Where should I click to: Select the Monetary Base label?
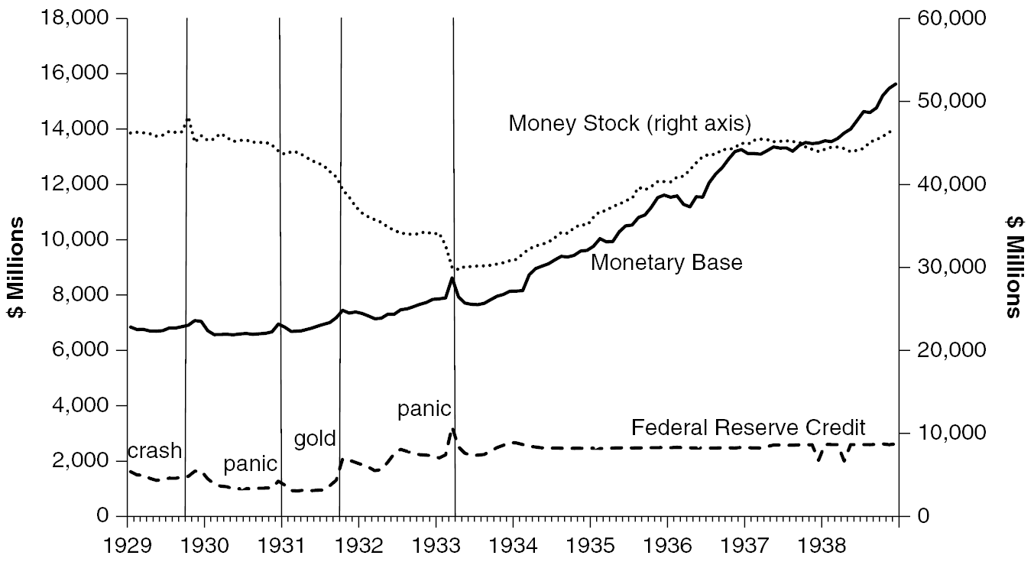tap(666, 263)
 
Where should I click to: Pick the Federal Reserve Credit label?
tap(748, 427)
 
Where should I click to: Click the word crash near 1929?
tap(154, 451)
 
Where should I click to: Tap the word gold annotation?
tap(315, 439)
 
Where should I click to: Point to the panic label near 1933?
tap(424, 409)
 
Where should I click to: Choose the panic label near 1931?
tap(250, 464)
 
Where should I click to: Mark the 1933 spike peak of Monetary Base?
tap(452, 278)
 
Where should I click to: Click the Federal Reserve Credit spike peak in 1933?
tap(452, 429)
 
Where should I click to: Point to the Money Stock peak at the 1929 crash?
tap(187, 119)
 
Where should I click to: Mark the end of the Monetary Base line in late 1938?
tap(896, 83)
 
